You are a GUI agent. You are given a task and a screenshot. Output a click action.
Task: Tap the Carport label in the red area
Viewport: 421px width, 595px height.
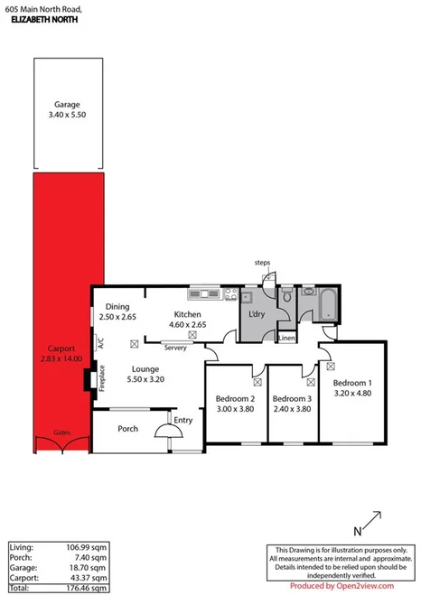click(x=61, y=349)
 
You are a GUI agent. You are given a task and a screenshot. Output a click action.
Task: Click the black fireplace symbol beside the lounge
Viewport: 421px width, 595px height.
click(x=89, y=381)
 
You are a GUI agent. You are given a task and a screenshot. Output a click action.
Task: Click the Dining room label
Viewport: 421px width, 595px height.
click(x=117, y=306)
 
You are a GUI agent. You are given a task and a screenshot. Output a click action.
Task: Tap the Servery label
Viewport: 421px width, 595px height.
click(x=175, y=347)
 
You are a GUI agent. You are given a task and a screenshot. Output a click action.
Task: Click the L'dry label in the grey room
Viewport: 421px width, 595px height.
click(x=256, y=314)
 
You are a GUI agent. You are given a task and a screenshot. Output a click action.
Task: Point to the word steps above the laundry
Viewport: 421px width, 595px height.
click(x=262, y=263)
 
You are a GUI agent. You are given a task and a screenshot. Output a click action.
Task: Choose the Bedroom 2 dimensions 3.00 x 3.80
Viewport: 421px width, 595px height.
click(x=234, y=409)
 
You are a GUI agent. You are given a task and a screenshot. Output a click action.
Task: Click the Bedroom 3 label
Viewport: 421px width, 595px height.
click(x=292, y=399)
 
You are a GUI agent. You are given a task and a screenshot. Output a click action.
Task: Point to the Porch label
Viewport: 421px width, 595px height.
click(x=127, y=428)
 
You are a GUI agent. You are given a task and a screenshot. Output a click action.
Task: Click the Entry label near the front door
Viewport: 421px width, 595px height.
click(x=182, y=420)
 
